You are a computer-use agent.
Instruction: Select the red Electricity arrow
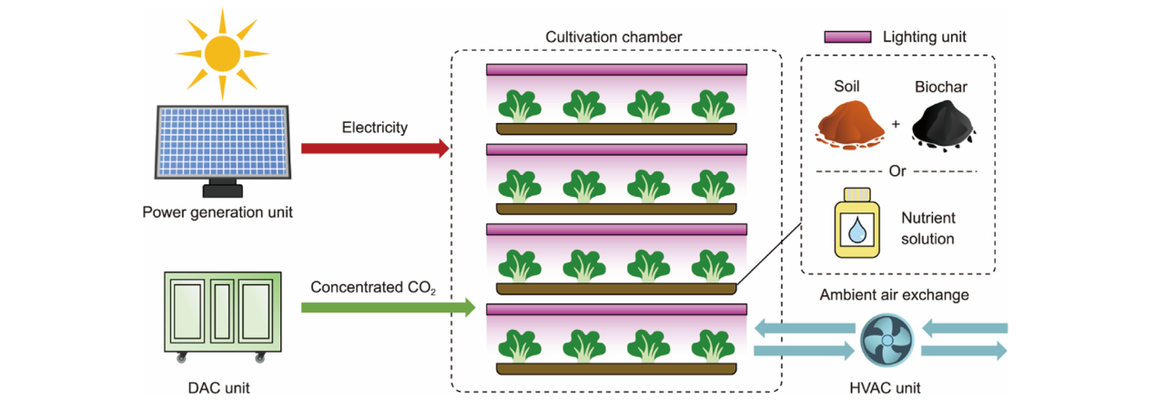(374, 148)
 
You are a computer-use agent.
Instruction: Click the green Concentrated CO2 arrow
(388, 308)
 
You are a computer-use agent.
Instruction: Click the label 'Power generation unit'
(218, 213)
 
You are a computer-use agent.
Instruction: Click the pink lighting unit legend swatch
(848, 37)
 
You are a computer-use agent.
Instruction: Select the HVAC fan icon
(882, 339)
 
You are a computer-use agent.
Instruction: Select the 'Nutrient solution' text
(927, 229)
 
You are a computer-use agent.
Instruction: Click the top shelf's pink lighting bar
(616, 69)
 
